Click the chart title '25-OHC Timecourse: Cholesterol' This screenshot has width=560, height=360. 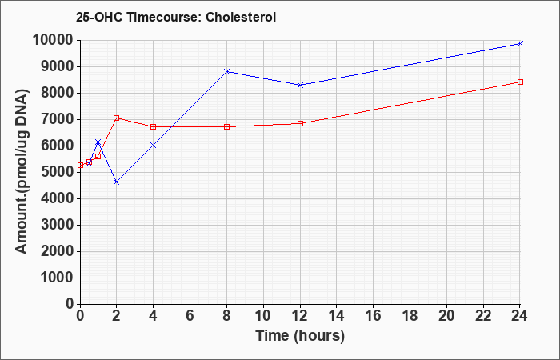[x=176, y=17]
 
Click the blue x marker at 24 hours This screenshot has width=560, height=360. [x=520, y=43]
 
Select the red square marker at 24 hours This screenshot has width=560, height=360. [x=520, y=82]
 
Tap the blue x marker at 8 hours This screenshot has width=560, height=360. [x=226, y=71]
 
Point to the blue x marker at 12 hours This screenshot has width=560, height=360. [x=300, y=85]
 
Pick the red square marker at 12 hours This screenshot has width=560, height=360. [x=300, y=123]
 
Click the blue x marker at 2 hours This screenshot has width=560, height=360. [x=116, y=182]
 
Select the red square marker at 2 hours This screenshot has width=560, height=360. [x=116, y=118]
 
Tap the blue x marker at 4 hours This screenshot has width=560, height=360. [x=154, y=146]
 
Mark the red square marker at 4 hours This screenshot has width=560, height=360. [x=154, y=126]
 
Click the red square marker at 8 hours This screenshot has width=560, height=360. [x=226, y=126]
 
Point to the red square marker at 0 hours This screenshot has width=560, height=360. [x=80, y=165]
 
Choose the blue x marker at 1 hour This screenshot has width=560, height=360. [x=98, y=142]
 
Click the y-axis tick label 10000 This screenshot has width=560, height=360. [x=53, y=40]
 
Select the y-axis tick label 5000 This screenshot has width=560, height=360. [x=58, y=173]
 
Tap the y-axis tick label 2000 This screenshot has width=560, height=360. [x=58, y=251]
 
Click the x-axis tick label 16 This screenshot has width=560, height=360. [x=374, y=316]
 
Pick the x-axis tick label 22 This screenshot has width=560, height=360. [x=483, y=316]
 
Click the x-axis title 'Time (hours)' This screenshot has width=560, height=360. [x=300, y=336]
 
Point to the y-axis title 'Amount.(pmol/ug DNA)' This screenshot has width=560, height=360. [x=22, y=171]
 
